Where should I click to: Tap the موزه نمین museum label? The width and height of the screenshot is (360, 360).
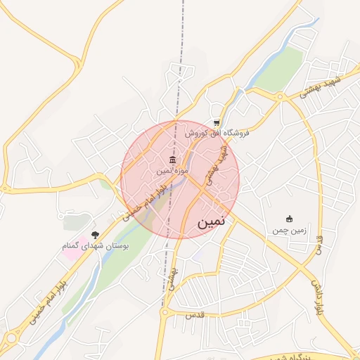pos(171,171)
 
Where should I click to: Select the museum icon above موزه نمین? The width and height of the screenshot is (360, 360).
pos(172,160)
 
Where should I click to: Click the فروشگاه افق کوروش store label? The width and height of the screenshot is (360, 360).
pos(218,132)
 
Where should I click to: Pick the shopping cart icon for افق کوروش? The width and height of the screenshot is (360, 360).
pos(217,122)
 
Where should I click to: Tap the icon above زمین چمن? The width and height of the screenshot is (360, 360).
pos(288,219)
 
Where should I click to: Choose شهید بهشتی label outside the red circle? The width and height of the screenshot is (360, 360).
pos(320,88)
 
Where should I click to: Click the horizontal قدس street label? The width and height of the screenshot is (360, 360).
pos(193,314)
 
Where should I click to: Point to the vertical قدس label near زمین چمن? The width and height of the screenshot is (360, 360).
pos(320,246)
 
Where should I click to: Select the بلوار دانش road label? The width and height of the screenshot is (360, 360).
pos(320,295)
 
